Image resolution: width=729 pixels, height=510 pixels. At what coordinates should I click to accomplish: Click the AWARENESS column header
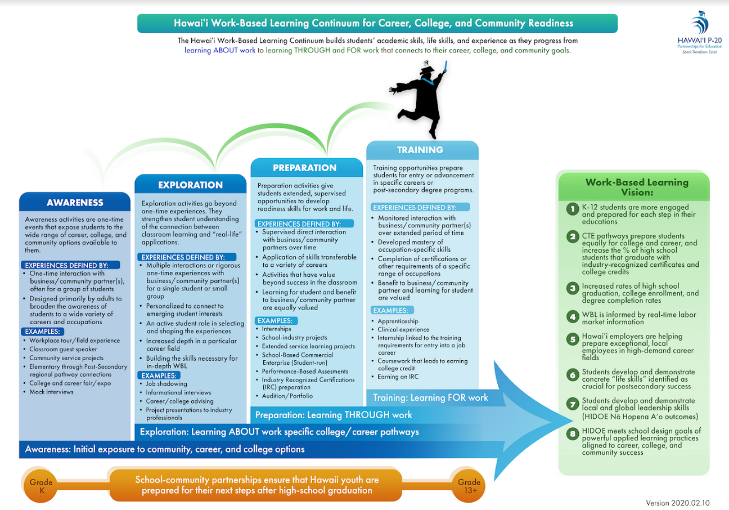(75, 203)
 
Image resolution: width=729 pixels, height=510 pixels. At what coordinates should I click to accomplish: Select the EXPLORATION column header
(190, 185)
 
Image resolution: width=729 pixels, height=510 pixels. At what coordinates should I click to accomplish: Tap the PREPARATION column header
(305, 168)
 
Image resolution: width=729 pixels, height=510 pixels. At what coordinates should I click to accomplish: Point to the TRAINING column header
(420, 150)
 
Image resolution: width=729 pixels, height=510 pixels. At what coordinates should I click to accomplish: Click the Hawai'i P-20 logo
(700, 33)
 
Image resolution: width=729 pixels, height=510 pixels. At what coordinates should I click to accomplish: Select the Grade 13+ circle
(469, 486)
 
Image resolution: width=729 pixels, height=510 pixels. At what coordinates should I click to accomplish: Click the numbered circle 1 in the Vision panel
(573, 208)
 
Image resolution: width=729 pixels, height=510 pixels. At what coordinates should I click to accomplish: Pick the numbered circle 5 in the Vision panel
(573, 339)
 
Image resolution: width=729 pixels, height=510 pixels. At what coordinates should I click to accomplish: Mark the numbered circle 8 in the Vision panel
(573, 434)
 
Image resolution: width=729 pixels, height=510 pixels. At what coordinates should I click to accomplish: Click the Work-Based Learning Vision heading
(637, 187)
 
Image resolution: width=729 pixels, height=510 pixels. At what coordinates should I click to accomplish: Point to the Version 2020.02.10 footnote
(678, 503)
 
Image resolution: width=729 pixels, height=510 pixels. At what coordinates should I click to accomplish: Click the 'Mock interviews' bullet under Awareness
(51, 392)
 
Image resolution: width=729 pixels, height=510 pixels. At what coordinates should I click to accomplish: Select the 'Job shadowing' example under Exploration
(166, 384)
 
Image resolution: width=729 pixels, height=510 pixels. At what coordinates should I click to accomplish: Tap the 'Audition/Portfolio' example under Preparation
(287, 396)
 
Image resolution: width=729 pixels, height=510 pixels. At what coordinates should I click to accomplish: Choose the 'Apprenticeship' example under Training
(398, 321)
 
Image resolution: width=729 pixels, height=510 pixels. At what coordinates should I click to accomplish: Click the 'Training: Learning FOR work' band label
(430, 397)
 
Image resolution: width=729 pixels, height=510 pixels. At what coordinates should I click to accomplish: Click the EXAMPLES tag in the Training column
(392, 310)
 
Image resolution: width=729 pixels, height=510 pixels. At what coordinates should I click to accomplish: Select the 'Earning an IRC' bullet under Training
(398, 377)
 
